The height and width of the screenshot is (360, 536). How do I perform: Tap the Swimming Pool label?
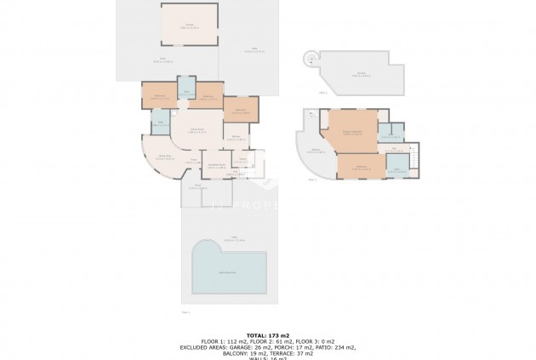coord(228,272)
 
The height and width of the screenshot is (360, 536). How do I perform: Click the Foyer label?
coord(194,162)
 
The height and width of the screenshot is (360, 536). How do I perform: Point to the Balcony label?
coord(315,151)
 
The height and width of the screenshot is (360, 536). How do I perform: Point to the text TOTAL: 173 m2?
coord(268,335)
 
